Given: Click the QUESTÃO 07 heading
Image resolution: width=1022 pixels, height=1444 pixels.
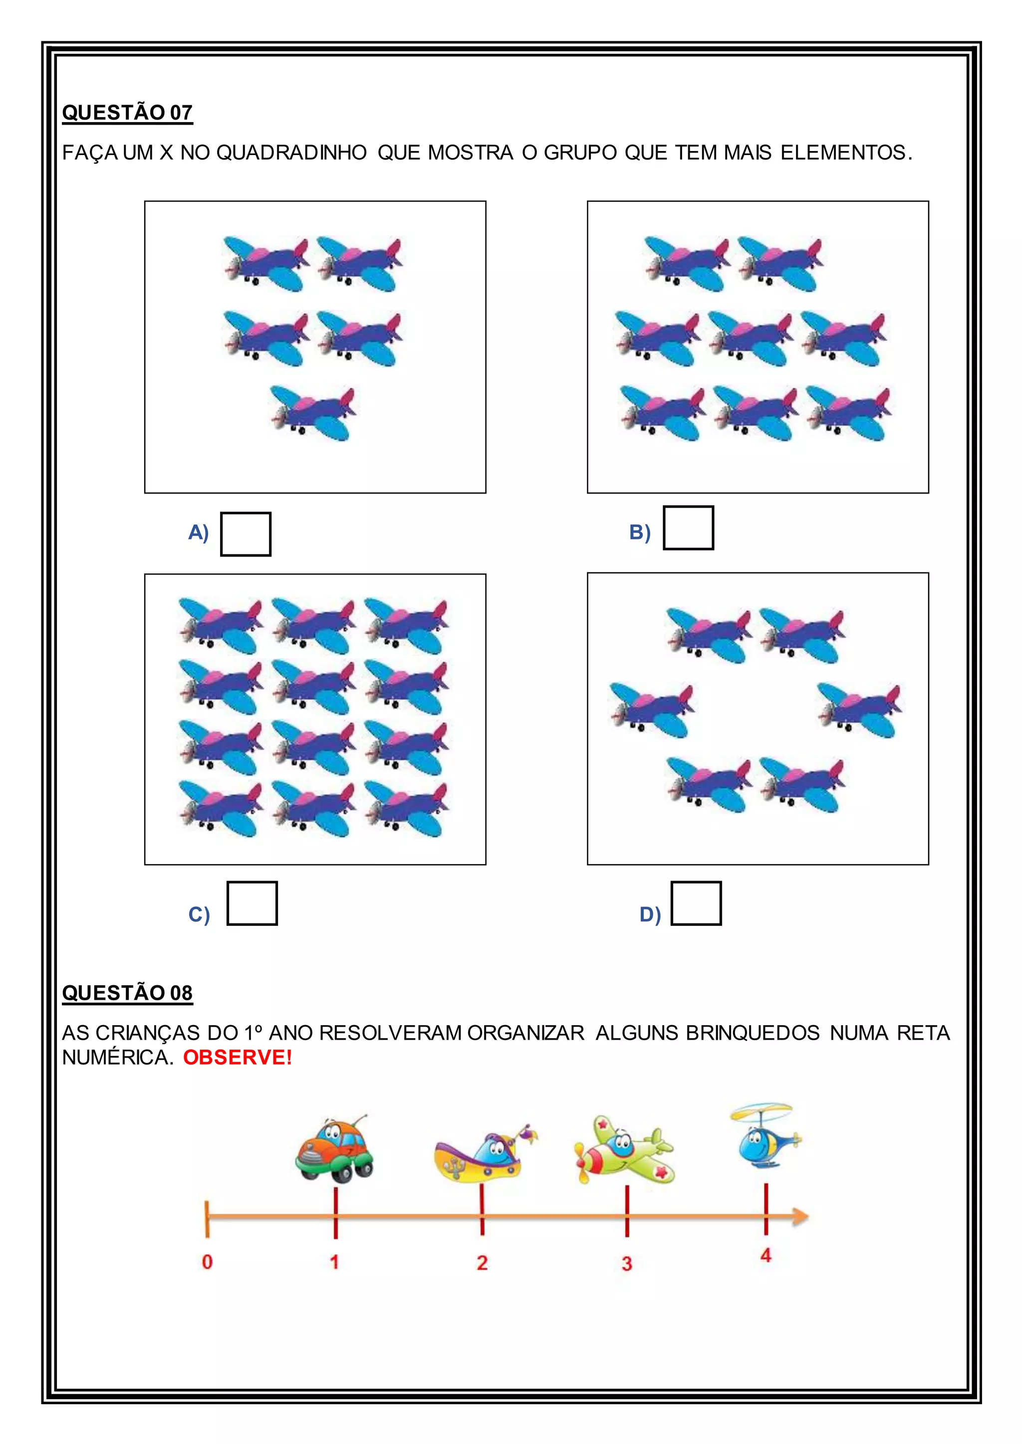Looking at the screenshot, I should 127,113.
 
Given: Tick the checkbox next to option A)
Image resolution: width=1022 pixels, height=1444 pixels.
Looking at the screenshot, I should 246,534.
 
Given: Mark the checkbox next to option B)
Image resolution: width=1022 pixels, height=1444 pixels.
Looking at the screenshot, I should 689,528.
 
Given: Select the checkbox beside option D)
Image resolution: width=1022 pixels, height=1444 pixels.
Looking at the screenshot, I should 696,903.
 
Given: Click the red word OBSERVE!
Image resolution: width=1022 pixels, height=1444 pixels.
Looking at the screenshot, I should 237,1057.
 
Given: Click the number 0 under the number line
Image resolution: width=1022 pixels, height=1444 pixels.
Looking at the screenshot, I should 207,1262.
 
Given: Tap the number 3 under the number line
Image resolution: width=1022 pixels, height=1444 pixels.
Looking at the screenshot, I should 627,1263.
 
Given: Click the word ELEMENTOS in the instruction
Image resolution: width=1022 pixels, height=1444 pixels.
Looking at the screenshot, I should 845,153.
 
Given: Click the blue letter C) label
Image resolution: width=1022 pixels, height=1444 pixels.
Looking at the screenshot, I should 199,914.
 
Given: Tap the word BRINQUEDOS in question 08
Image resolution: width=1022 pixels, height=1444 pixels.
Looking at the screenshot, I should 753,1033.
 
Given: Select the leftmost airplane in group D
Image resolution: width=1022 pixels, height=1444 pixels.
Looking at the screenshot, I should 651,710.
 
